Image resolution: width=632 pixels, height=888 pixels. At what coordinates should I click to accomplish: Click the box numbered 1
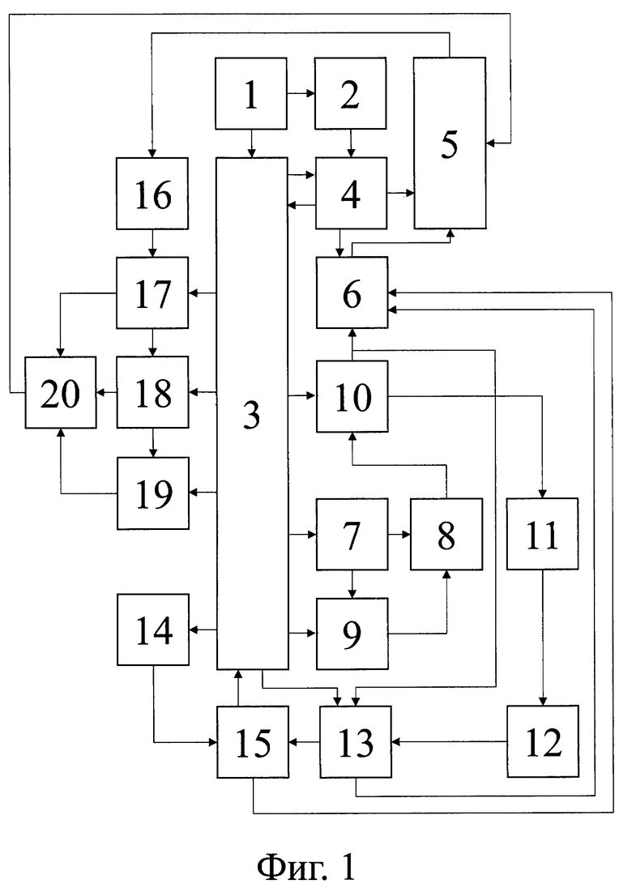click(251, 93)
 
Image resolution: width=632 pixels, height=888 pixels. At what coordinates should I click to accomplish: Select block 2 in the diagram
click(351, 93)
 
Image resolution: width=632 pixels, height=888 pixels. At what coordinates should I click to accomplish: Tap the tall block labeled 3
click(252, 413)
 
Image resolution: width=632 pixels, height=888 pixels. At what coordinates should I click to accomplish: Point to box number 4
click(351, 193)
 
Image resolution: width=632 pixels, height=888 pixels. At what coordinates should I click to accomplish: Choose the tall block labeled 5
click(450, 143)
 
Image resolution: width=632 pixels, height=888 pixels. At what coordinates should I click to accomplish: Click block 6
click(352, 292)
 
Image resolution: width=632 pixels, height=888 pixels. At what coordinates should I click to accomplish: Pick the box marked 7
click(352, 534)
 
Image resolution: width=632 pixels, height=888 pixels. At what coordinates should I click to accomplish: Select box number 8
click(446, 534)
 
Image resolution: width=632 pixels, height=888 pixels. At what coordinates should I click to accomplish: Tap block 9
click(352, 634)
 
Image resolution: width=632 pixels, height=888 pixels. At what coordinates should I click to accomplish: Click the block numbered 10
click(352, 396)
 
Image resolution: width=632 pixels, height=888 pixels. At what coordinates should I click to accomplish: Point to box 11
click(543, 534)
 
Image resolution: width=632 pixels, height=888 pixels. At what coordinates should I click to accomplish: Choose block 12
click(543, 741)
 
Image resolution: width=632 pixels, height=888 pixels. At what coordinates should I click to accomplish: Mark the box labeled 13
click(356, 742)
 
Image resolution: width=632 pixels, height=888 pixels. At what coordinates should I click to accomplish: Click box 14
click(153, 630)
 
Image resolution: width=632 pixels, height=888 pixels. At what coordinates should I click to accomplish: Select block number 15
click(253, 742)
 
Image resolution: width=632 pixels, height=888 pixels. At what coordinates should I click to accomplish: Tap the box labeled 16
click(152, 193)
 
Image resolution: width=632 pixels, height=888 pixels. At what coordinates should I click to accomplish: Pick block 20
click(61, 392)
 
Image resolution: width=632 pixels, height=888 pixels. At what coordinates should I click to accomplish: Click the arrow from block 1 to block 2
click(301, 93)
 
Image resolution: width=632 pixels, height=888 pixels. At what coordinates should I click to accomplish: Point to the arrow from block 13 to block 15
click(304, 741)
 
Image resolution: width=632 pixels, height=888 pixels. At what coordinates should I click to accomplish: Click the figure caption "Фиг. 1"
click(307, 867)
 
